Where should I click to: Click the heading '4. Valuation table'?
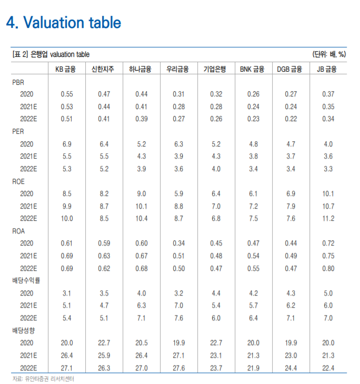pyautogui.click(x=63, y=23)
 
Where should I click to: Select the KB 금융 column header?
pyautogui.click(x=65, y=69)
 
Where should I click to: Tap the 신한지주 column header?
pyautogui.click(x=103, y=69)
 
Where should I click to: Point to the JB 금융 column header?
pyautogui.click(x=327, y=69)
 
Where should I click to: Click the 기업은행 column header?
pyautogui.click(x=215, y=69)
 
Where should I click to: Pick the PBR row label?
pyautogui.click(x=18, y=82)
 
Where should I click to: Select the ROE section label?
pyautogui.click(x=18, y=182)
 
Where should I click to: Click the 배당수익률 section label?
pyautogui.click(x=26, y=280)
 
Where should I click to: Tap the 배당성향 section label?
pyautogui.click(x=24, y=330)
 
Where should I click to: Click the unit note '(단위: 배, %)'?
pyautogui.click(x=329, y=54)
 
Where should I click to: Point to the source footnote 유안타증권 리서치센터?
pyautogui.click(x=43, y=379)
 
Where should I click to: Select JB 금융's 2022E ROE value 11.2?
pyautogui.click(x=328, y=219)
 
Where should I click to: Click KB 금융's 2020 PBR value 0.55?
pyautogui.click(x=67, y=94)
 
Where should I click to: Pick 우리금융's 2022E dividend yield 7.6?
pyautogui.click(x=178, y=318)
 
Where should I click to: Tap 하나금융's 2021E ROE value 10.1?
pyautogui.click(x=142, y=206)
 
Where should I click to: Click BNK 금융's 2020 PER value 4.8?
pyautogui.click(x=253, y=144)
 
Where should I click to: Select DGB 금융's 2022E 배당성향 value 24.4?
pyautogui.click(x=291, y=368)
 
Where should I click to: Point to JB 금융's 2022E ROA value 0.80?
pyautogui.click(x=328, y=269)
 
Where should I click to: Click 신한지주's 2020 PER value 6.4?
pyautogui.click(x=104, y=144)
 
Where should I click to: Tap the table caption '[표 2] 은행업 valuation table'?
pyautogui.click(x=51, y=54)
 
